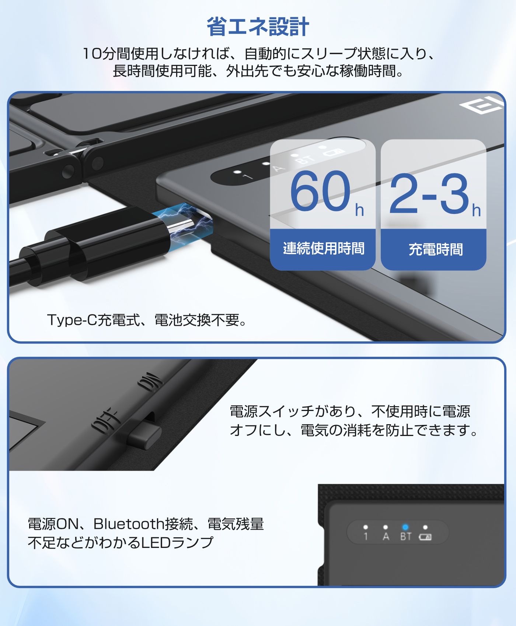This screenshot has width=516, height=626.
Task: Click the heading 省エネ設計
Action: [258, 27]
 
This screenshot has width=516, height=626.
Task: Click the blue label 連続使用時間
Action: [323, 249]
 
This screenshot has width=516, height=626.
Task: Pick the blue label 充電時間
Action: [435, 250]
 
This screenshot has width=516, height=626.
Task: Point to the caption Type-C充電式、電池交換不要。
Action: [147, 320]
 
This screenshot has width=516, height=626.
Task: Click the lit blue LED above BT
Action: [405, 527]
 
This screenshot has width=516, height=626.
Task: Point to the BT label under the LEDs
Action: [405, 537]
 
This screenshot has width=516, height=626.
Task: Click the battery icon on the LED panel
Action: [425, 537]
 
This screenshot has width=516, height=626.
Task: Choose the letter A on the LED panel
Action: [386, 537]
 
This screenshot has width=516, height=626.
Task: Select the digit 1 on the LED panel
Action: [366, 537]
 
